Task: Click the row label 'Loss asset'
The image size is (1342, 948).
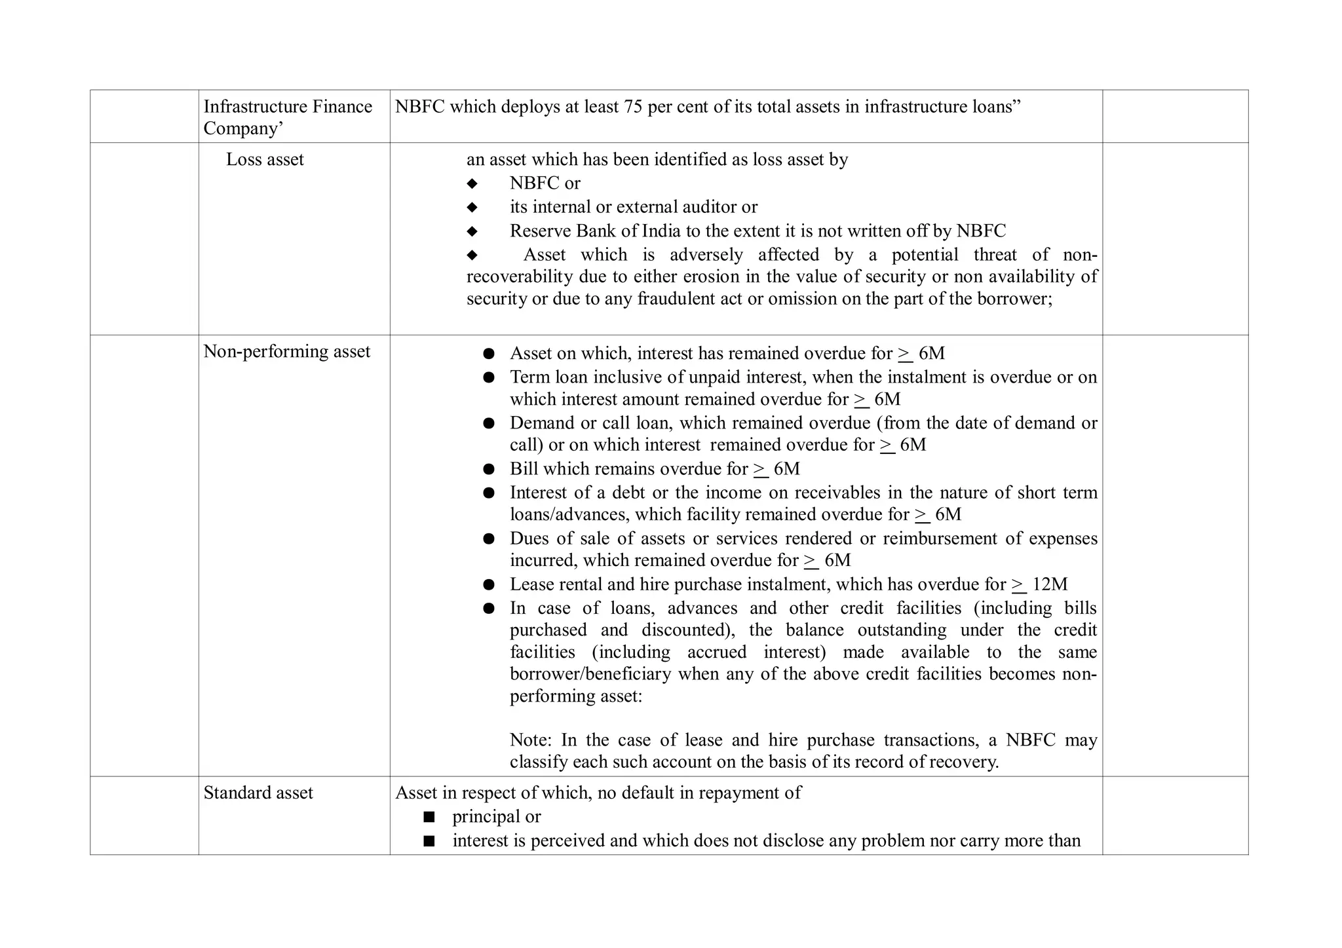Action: click(x=265, y=160)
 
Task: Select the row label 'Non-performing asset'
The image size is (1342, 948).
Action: click(x=286, y=352)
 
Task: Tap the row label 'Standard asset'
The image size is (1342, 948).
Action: click(x=258, y=793)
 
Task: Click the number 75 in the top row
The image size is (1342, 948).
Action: click(x=633, y=107)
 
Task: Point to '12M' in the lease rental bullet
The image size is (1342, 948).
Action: click(x=1050, y=584)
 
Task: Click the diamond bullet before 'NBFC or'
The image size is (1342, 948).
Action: click(x=472, y=183)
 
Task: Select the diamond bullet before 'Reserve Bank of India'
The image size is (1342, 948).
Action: click(x=472, y=231)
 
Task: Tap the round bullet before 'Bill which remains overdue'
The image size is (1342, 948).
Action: click(x=489, y=469)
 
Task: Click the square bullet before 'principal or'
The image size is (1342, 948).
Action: click(x=429, y=817)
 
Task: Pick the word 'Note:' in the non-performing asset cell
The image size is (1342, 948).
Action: click(x=531, y=740)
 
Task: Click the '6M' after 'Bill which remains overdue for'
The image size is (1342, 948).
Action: click(x=787, y=469)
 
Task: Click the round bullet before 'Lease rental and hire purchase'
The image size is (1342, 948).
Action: click(x=489, y=584)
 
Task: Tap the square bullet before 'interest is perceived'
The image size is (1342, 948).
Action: click(x=429, y=841)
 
